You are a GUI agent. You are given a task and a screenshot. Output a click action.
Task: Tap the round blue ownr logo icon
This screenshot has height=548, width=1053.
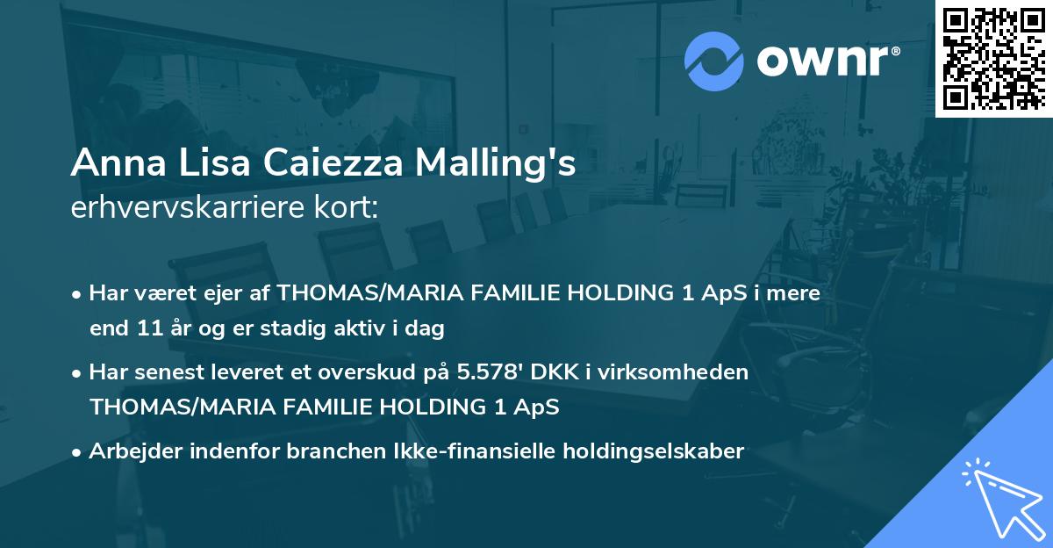pos(714,61)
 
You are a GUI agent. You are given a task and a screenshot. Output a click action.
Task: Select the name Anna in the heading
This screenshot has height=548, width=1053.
pos(108,164)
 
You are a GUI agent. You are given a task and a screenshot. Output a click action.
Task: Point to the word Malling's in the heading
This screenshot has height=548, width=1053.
pos(491,164)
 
